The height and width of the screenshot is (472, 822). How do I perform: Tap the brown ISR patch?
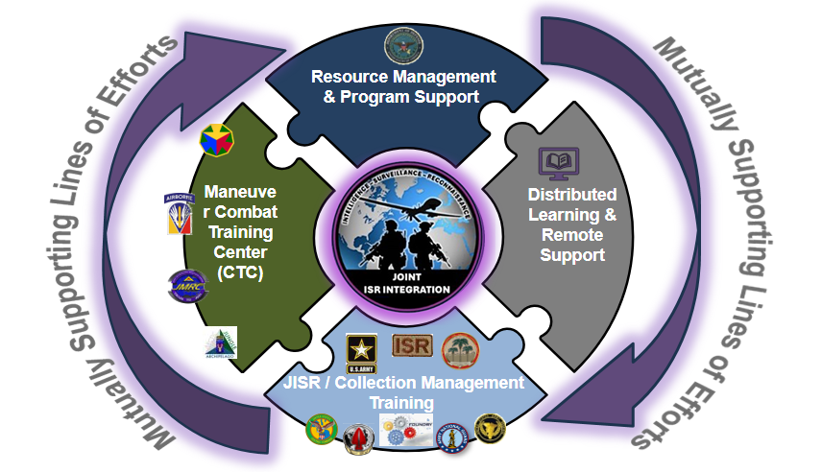pos(413,347)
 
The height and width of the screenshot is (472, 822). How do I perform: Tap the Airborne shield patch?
pos(181,214)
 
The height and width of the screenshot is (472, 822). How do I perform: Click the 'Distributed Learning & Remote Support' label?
pos(572,224)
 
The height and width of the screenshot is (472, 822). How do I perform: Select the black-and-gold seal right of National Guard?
pos(492,427)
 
